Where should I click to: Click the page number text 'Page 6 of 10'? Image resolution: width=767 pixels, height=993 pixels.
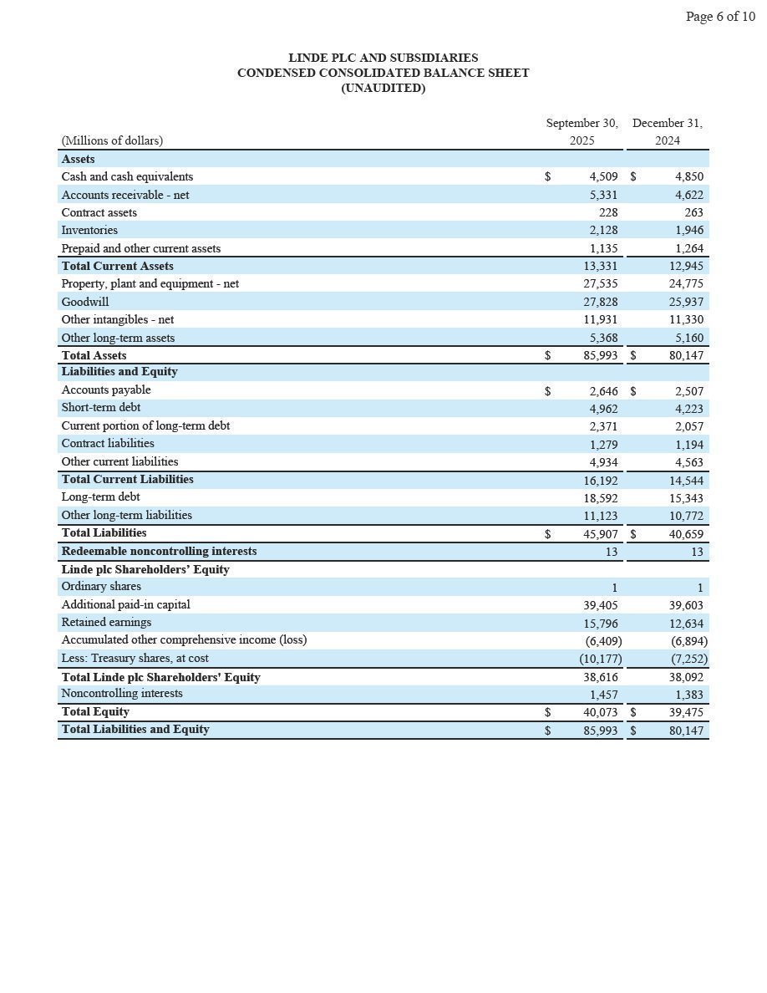point(719,17)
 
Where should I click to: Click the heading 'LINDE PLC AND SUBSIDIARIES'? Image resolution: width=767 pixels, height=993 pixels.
point(383,58)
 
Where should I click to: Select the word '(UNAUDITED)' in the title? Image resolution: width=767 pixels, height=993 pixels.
point(383,88)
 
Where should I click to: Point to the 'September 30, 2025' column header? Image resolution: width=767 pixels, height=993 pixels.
point(582,131)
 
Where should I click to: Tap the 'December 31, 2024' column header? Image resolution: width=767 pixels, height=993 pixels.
point(668,131)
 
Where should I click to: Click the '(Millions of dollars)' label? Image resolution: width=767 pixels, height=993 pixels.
point(112,140)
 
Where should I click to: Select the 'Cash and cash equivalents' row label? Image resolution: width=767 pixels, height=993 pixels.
point(127,176)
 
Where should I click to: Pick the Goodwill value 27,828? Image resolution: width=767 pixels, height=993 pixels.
point(600,302)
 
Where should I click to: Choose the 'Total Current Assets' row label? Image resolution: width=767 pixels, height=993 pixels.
point(117,266)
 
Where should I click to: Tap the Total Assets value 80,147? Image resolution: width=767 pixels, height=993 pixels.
point(686,355)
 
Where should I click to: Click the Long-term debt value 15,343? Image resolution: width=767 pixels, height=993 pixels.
point(686,498)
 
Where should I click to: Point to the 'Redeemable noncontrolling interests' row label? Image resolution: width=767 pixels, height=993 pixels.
point(159,551)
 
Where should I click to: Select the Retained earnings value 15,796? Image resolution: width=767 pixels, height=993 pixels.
point(600,623)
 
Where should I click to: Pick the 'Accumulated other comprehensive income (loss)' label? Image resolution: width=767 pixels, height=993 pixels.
point(184,639)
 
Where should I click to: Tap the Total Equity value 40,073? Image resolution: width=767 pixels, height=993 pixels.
point(600,712)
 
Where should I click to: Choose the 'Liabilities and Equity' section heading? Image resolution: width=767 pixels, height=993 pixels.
point(119,371)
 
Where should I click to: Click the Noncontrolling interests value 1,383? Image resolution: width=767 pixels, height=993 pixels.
point(686,695)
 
